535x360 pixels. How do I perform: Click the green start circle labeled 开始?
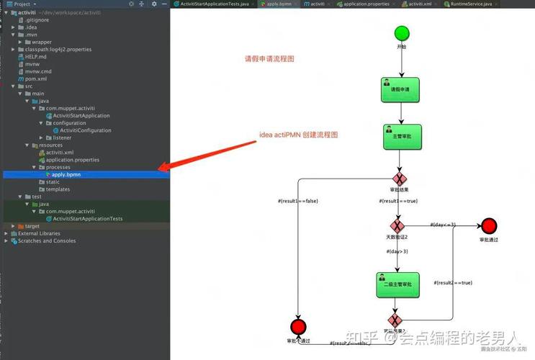(x=402, y=33)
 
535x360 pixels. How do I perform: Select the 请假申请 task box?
(x=400, y=89)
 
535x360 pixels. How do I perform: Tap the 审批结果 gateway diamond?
(x=400, y=179)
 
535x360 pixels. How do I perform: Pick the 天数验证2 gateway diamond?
(x=397, y=225)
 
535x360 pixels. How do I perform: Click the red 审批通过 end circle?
(x=490, y=225)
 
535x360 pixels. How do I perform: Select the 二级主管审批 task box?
(x=396, y=284)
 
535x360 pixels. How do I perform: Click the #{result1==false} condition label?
(x=297, y=201)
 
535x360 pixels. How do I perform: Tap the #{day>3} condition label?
(x=397, y=251)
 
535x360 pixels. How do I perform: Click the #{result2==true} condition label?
(x=452, y=283)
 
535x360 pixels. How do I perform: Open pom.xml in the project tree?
(x=36, y=78)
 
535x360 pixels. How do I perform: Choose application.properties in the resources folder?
(x=73, y=160)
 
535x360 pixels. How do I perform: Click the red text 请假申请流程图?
(x=269, y=59)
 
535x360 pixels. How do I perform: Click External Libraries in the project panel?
(x=39, y=233)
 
